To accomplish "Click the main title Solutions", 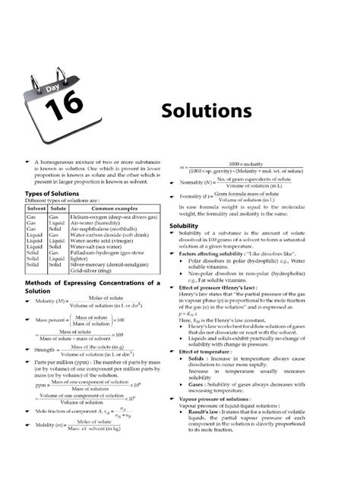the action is click(x=206, y=111).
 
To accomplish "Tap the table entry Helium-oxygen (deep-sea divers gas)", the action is click(x=114, y=217).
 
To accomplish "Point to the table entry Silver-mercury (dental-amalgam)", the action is click(x=113, y=264).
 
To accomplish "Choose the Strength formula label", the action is click(x=45, y=350).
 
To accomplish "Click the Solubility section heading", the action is click(x=184, y=226).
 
